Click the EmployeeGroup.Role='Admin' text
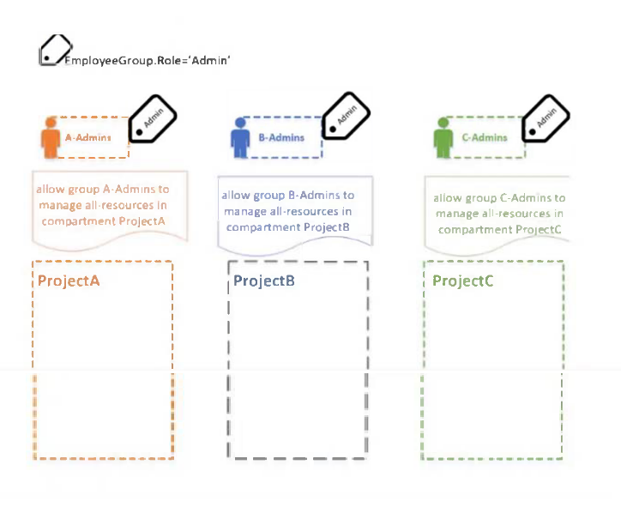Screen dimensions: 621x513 tap(148, 61)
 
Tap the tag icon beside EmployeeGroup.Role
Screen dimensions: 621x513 tap(56, 50)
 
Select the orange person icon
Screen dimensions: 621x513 tap(51, 137)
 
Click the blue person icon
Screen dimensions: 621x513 tap(240, 137)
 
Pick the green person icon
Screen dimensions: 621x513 tap(443, 137)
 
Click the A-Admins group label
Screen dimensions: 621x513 tap(88, 137)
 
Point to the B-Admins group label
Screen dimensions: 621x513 tap(281, 137)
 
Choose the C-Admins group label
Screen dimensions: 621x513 tap(485, 137)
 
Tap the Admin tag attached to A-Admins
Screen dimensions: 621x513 tap(153, 119)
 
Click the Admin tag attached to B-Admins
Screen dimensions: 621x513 tap(347, 116)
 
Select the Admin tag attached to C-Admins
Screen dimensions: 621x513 tap(546, 118)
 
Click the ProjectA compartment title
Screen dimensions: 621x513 tap(69, 281)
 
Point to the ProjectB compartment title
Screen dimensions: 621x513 tap(264, 281)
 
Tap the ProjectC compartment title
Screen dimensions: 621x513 tap(463, 281)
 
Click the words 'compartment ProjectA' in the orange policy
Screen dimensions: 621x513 tap(104, 221)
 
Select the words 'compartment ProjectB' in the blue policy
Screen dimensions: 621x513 tap(288, 227)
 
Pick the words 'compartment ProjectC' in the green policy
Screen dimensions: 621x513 tap(500, 230)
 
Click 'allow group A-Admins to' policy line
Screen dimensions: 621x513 tap(103, 190)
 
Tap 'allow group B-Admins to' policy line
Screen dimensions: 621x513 tap(288, 196)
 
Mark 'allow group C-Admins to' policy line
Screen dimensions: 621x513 tap(499, 197)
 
